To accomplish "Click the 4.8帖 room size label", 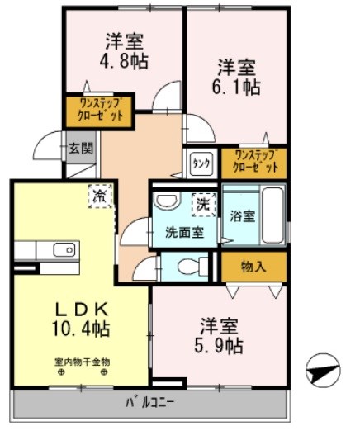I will (126, 61).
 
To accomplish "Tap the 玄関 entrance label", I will (81, 149).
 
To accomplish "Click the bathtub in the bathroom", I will (272, 215).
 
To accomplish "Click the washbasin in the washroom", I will (167, 203).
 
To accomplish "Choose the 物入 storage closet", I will (253, 266).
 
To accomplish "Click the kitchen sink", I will (64, 249).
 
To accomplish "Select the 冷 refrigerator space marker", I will (99, 196).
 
